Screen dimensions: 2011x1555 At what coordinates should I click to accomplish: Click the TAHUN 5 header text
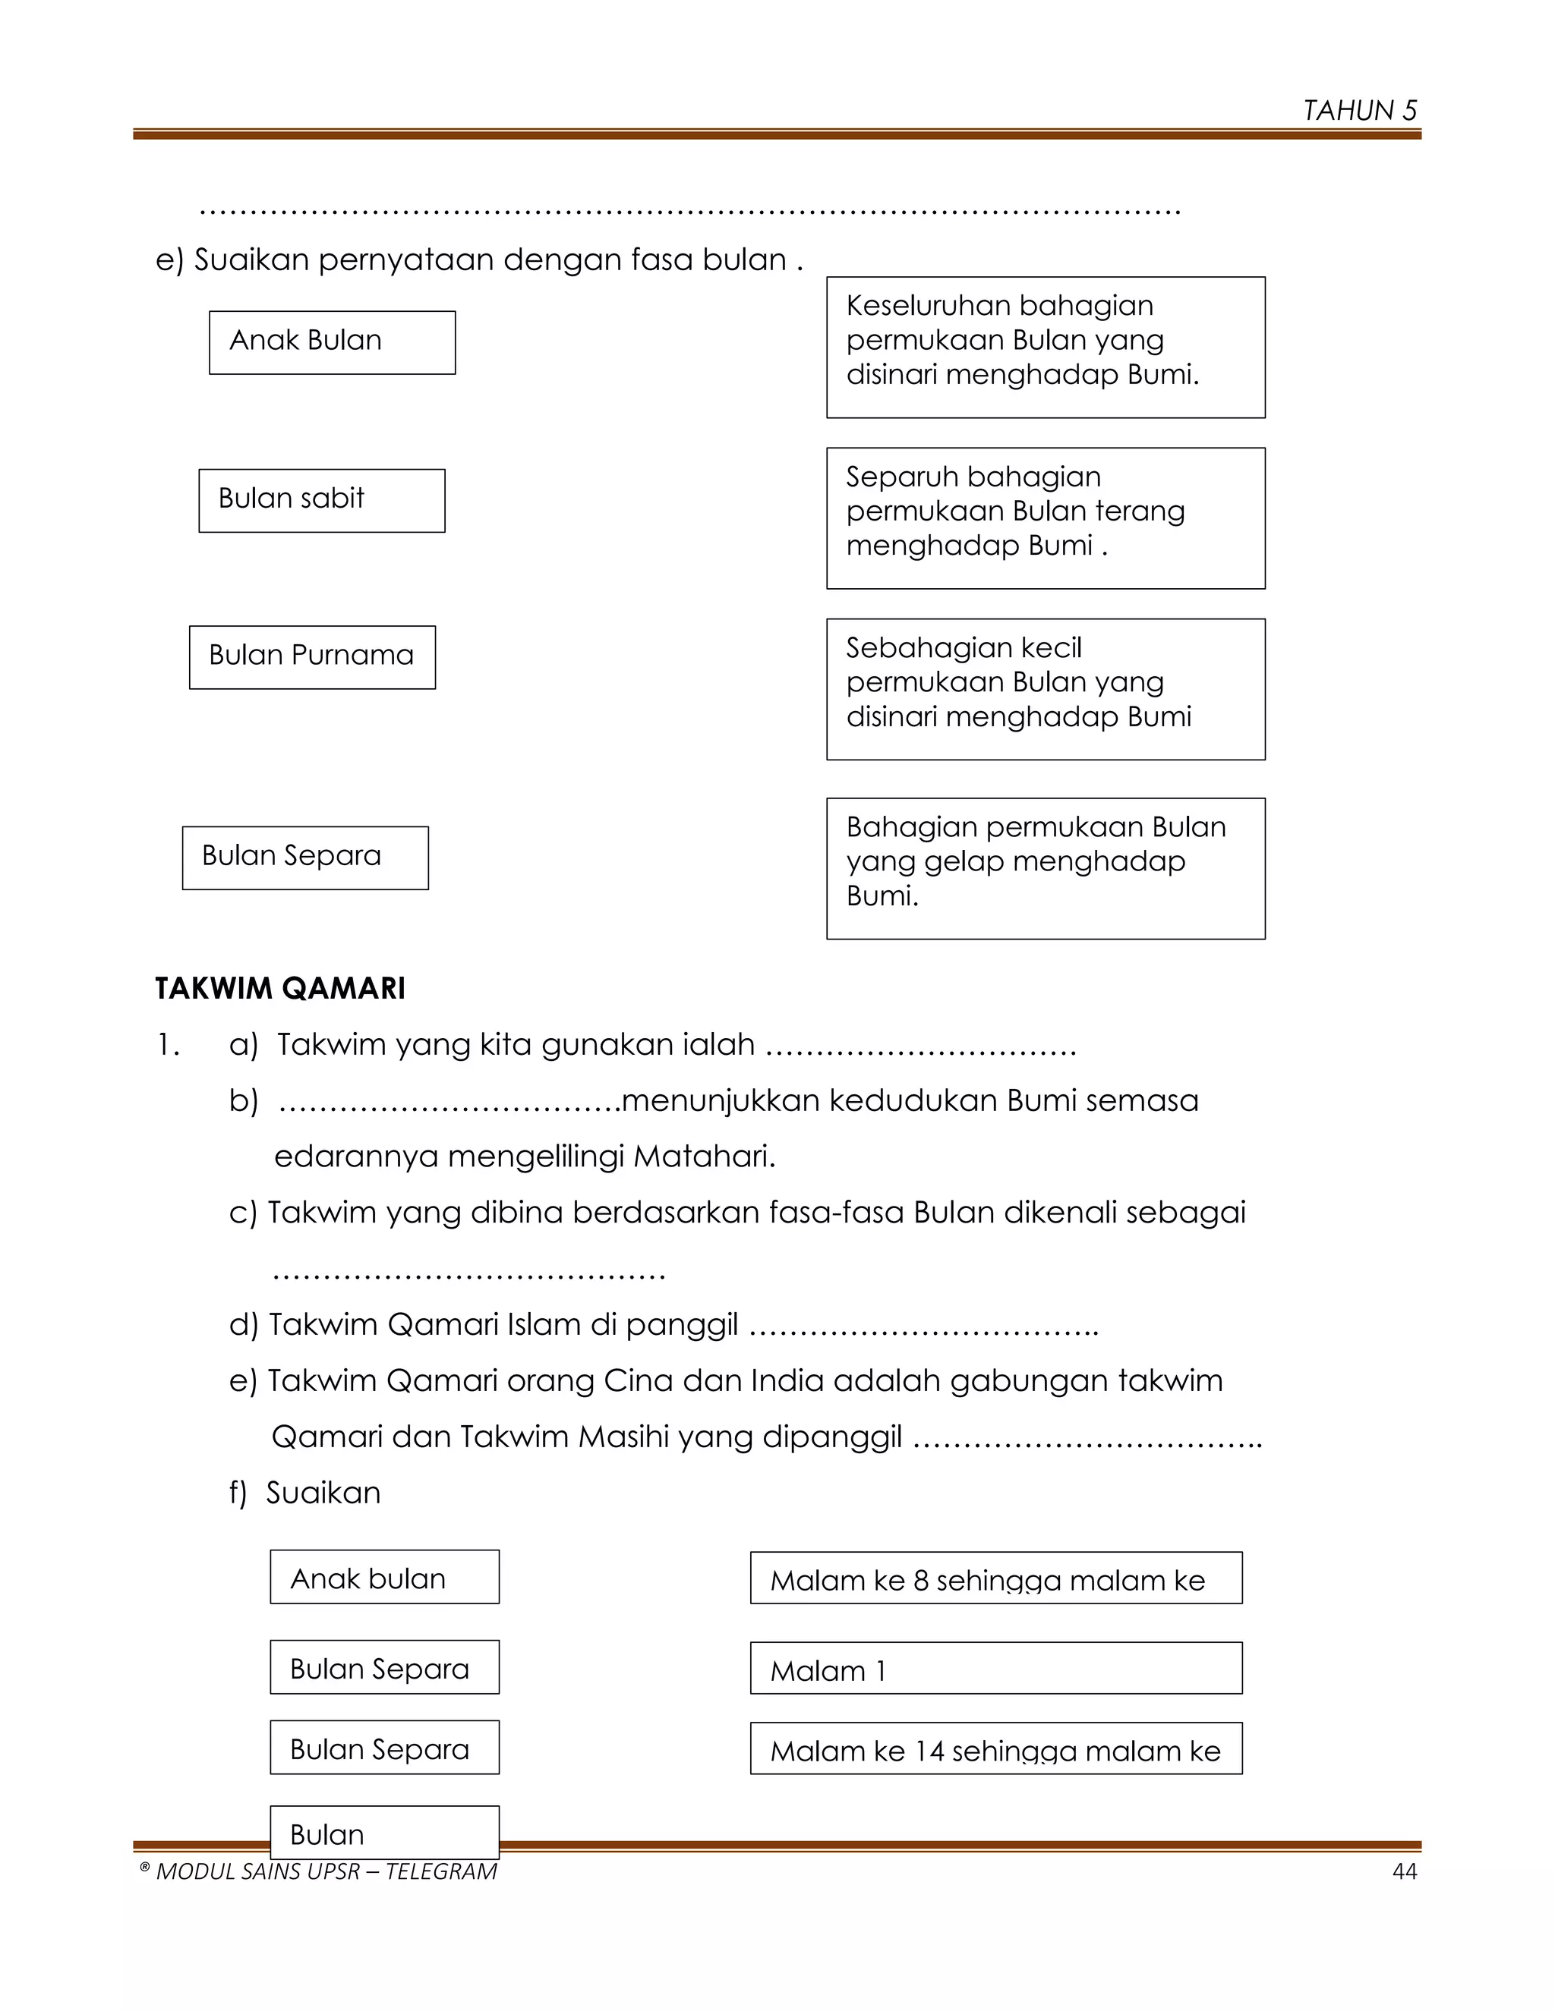coord(1359,111)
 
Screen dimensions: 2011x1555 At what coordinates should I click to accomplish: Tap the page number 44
coord(1404,1872)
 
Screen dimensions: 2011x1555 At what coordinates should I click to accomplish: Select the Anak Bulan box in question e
coord(332,341)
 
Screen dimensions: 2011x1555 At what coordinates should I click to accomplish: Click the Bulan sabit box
coord(321,500)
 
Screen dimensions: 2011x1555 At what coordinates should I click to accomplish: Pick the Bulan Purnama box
coord(311,656)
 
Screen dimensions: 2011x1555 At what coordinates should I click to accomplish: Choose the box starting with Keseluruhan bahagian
coord(1045,346)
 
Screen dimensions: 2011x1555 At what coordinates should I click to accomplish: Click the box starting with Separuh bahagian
coord(1045,518)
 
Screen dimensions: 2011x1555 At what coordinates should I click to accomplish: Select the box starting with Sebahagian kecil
coord(1045,689)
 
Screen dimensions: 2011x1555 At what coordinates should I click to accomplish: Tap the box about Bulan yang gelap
coord(1045,867)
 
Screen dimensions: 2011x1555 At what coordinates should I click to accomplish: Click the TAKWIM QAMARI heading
coord(280,988)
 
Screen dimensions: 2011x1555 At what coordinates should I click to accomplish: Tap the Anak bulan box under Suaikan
coord(384,1578)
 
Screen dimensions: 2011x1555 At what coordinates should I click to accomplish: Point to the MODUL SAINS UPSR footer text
coord(318,1872)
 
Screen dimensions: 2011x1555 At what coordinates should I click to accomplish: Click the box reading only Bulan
coord(384,1833)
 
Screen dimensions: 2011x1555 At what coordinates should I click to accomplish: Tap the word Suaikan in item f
coord(323,1493)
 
